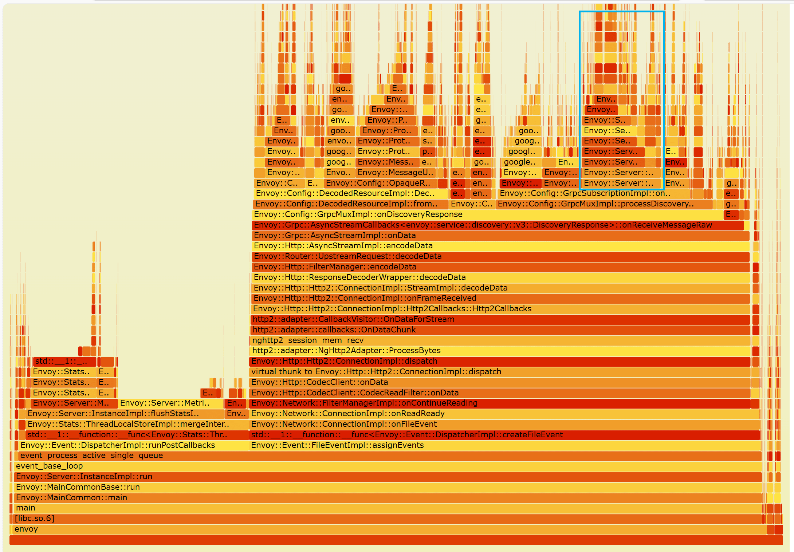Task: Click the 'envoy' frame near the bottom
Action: pyautogui.click(x=364, y=529)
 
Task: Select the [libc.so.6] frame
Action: pyautogui.click(x=364, y=519)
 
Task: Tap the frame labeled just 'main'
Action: pyautogui.click(x=364, y=508)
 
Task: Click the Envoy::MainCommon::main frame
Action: pyautogui.click(x=364, y=498)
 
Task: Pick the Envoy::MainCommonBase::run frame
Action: pyautogui.click(x=364, y=487)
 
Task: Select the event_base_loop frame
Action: pyautogui.click(x=364, y=466)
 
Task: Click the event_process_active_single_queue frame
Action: pyautogui.click(x=364, y=456)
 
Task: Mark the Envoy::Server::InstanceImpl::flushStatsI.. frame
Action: pyautogui.click(x=120, y=414)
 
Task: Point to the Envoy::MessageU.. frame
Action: pyautogui.click(x=395, y=173)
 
